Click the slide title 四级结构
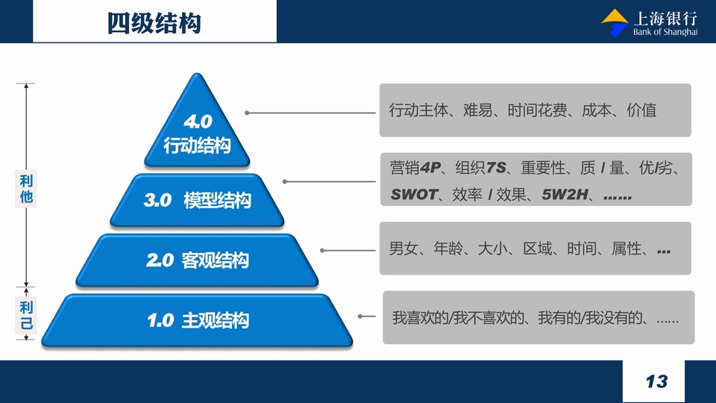tap(154, 23)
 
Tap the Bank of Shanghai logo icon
tap(615, 23)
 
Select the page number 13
tap(656, 381)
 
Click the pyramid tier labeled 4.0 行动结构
tap(197, 123)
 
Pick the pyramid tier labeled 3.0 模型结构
tap(197, 200)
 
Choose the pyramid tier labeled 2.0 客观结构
tap(197, 260)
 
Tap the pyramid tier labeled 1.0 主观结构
tap(197, 320)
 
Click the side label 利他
tap(26, 188)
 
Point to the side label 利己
tap(26, 315)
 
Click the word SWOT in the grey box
tap(414, 195)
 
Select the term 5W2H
tap(565, 195)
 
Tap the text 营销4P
tap(415, 168)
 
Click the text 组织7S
tap(480, 168)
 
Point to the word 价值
tap(641, 110)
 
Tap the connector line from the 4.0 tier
tap(310, 113)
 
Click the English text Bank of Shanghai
tap(665, 32)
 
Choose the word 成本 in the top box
tap(597, 110)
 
